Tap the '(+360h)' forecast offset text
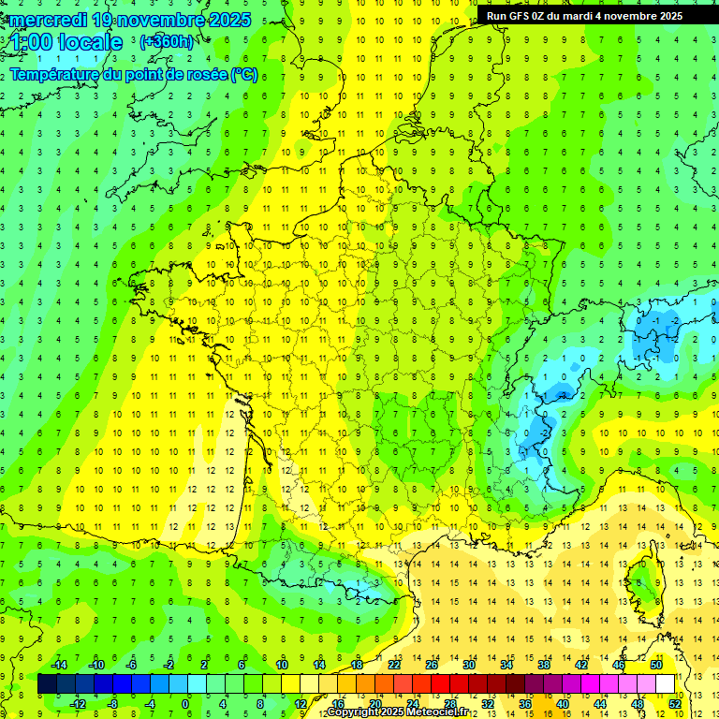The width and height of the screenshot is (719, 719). (168, 42)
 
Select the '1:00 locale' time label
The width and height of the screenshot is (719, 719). (67, 43)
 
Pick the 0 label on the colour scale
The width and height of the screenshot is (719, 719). (185, 704)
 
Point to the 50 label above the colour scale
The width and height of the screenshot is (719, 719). (655, 664)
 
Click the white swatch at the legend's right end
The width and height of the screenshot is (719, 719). (666, 684)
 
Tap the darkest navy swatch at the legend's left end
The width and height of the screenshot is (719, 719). (47, 684)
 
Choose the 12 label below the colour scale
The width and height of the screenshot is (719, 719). (300, 704)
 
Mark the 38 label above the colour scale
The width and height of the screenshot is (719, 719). (543, 664)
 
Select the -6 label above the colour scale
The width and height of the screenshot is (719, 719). (131, 664)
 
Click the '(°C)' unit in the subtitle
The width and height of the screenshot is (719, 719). (244, 75)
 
